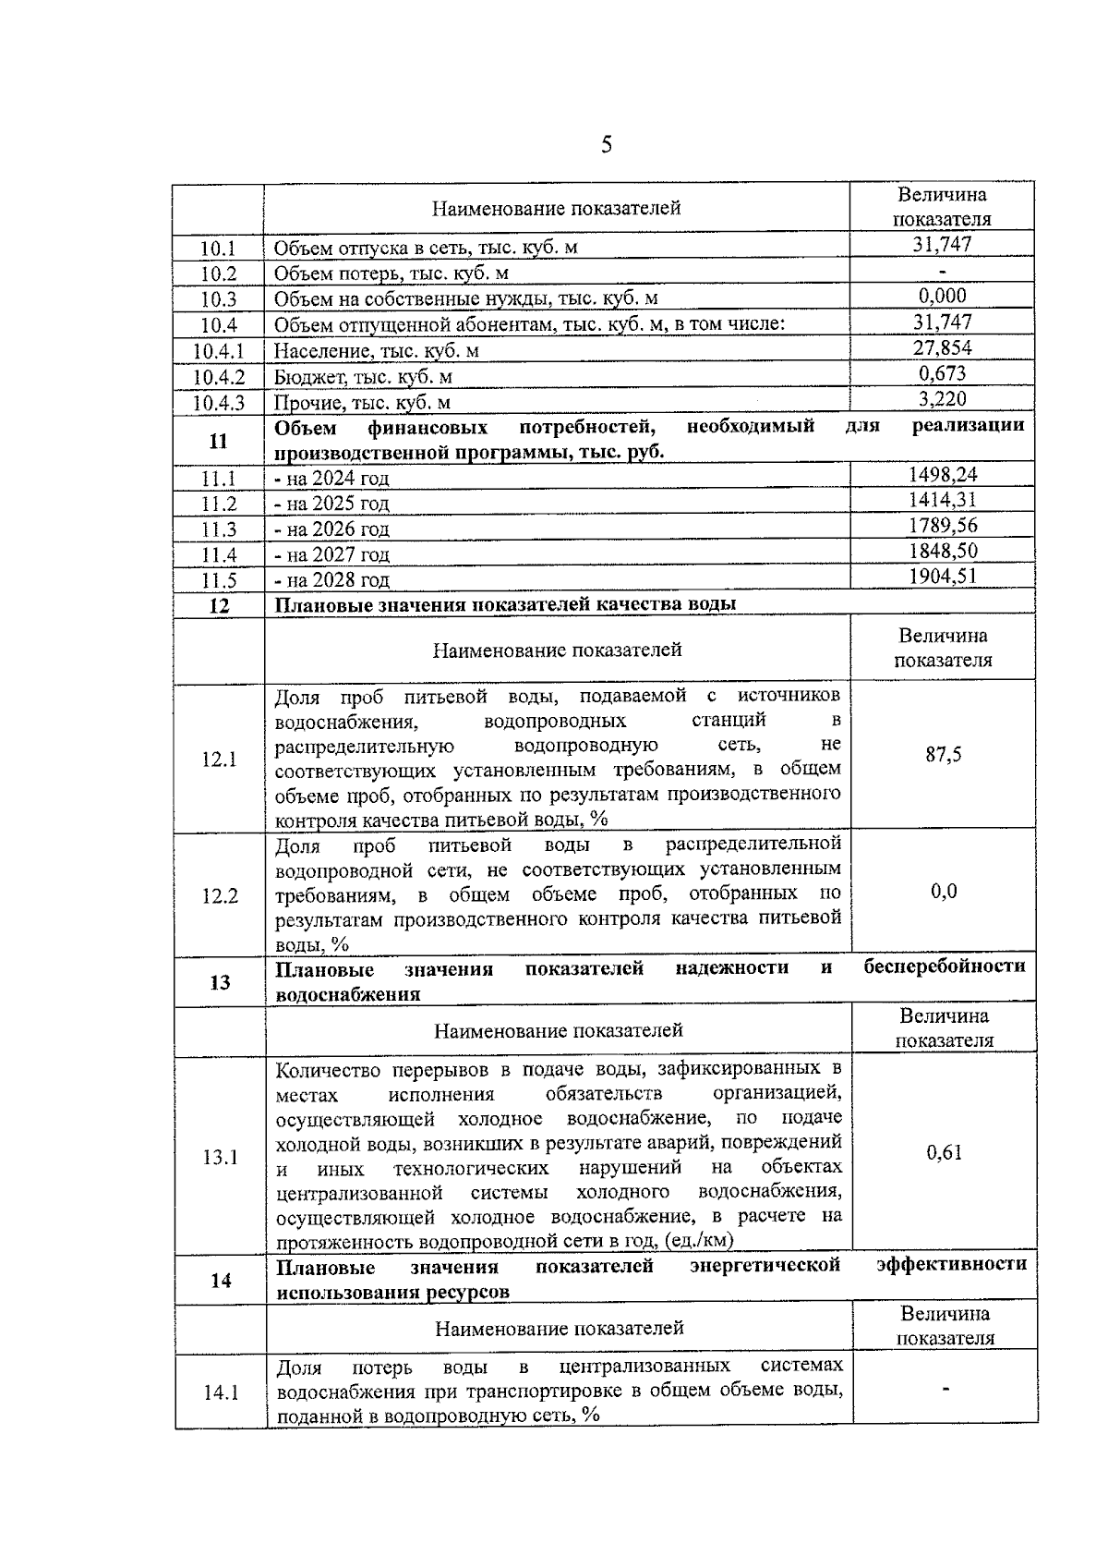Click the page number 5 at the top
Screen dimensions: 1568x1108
click(607, 144)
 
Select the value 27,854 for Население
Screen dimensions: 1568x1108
click(942, 347)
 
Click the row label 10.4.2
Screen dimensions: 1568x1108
click(219, 377)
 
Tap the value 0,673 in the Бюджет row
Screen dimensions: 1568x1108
click(942, 373)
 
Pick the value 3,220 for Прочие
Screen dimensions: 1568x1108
click(942, 399)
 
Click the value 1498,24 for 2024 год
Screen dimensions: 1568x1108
click(942, 475)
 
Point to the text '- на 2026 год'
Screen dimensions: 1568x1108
click(332, 529)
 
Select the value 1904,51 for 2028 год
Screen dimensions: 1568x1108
click(942, 577)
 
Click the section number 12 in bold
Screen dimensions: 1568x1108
click(219, 606)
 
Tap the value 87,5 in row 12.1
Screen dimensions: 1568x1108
click(943, 755)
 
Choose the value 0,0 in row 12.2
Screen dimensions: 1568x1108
click(943, 892)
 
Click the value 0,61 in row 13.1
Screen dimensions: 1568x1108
click(944, 1152)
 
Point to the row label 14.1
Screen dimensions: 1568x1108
click(221, 1393)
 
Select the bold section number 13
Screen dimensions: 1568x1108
click(220, 982)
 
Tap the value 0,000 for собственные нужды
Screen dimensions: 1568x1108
click(942, 296)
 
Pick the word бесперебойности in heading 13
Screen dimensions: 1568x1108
click(944, 966)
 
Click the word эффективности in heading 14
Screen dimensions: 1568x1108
click(951, 1264)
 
